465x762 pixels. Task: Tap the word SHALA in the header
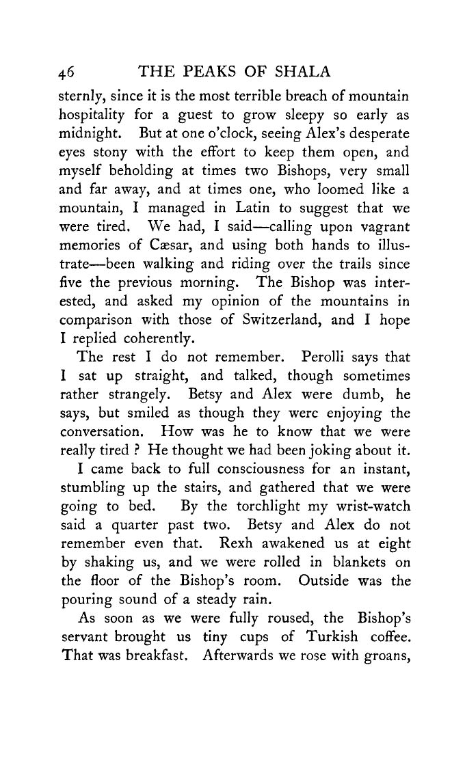coord(302,72)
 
